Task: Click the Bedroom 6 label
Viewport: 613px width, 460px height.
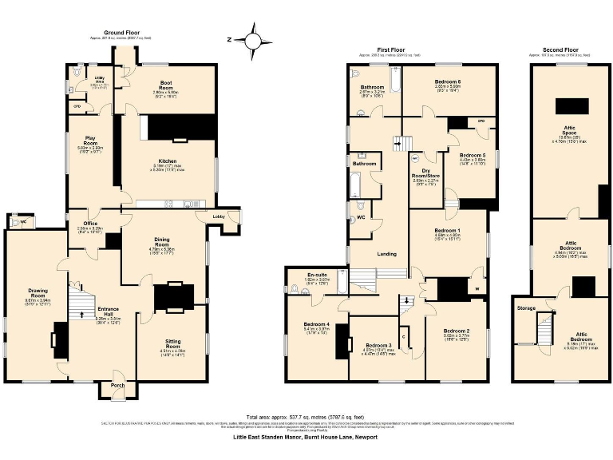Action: tap(448, 82)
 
